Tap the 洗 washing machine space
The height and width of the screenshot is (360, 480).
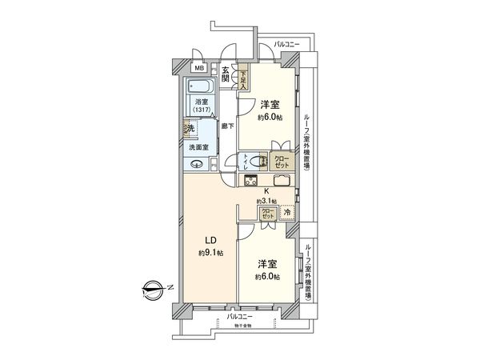[190, 128]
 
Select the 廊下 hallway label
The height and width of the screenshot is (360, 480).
[227, 126]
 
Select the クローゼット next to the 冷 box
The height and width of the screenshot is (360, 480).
[267, 214]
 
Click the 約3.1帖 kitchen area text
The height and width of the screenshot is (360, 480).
[266, 201]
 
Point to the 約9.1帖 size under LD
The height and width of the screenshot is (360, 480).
[212, 253]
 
